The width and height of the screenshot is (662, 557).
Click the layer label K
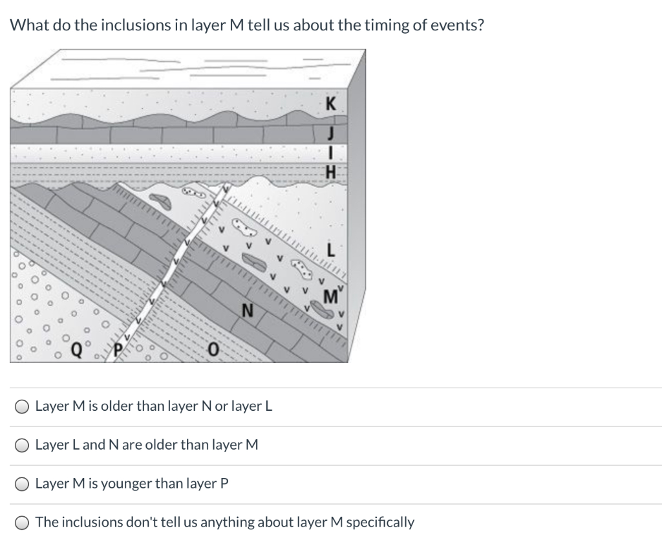click(x=331, y=104)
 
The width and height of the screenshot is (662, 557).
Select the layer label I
click(x=330, y=154)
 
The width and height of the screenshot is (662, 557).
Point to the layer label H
click(x=331, y=172)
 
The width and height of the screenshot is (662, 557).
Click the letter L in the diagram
click(x=331, y=249)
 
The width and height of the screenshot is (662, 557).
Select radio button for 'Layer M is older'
click(x=22, y=407)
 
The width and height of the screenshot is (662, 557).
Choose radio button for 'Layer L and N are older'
click(x=22, y=446)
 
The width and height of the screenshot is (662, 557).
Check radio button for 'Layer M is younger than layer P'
click(x=22, y=484)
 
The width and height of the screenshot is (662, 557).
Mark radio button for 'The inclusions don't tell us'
click(x=22, y=523)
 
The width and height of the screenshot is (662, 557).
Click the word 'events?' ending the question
click(x=458, y=26)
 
